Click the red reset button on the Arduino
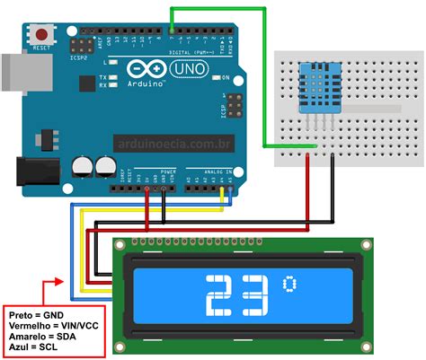(41, 34)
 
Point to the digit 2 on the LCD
(221, 297)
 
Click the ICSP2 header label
(78, 57)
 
